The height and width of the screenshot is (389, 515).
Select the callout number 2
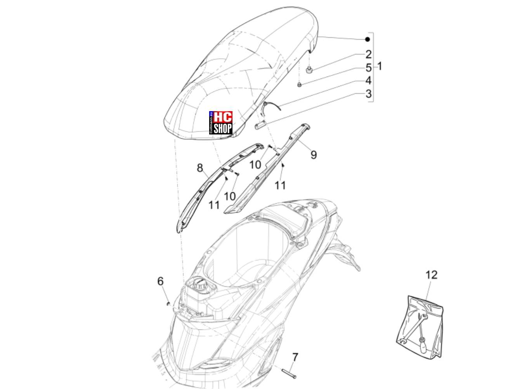coord(369,54)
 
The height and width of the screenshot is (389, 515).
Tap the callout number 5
coord(369,68)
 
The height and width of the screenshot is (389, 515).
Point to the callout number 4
coord(368,80)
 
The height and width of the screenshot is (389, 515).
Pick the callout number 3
coord(369,94)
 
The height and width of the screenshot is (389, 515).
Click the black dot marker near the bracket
coord(368,40)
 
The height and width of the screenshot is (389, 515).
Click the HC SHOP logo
coord(220,123)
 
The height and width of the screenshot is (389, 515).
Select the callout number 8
coord(199,168)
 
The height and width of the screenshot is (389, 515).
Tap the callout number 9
coord(314,155)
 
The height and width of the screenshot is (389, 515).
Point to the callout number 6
coord(160,281)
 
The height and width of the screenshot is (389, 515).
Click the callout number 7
coord(295,357)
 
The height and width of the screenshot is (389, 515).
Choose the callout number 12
coord(432,275)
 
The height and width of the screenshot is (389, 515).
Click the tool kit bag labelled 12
coord(420,326)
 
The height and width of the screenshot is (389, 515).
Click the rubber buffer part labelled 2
coord(309,70)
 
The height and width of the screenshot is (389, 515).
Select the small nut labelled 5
coord(299,85)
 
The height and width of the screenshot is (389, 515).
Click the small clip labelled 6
coord(168,304)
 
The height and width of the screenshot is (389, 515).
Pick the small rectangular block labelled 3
coord(260,124)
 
